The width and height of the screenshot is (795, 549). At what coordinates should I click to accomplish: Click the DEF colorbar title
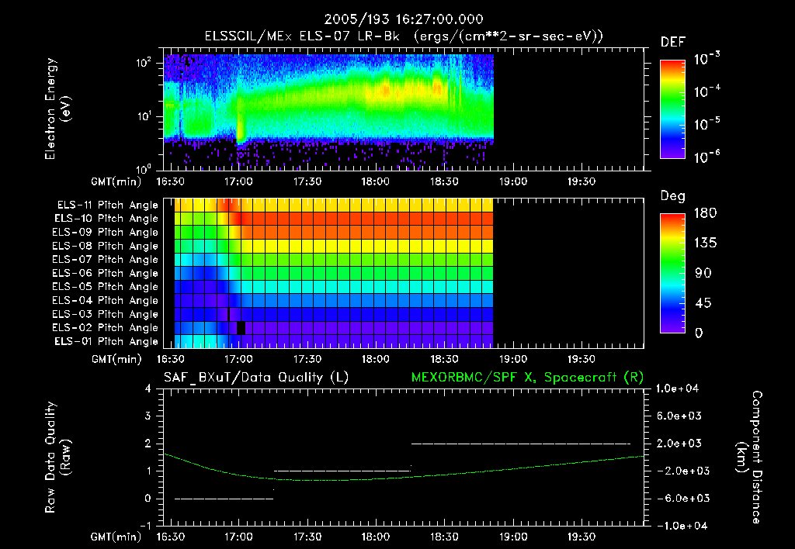pyautogui.click(x=672, y=42)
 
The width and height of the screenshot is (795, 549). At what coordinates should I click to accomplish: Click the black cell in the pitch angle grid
pyautogui.click(x=241, y=328)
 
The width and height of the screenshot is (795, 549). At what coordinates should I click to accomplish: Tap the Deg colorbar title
pyautogui.click(x=672, y=197)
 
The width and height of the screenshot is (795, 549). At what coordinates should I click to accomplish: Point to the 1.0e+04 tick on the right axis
pyautogui.click(x=679, y=388)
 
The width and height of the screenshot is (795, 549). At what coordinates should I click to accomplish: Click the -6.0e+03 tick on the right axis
pyautogui.click(x=679, y=498)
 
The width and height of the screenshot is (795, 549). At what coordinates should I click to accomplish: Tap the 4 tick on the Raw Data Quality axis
pyautogui.click(x=148, y=388)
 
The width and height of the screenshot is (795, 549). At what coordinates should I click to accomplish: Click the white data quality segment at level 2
pyautogui.click(x=520, y=444)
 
